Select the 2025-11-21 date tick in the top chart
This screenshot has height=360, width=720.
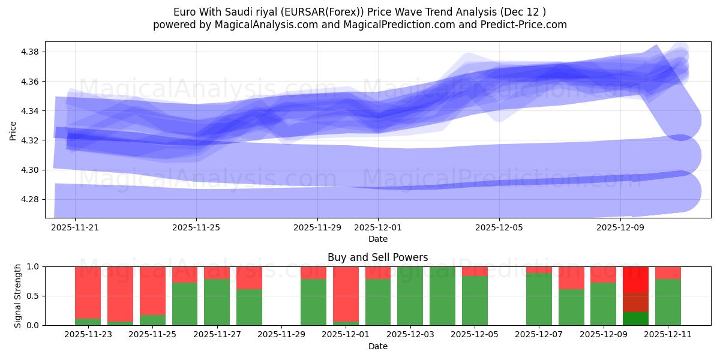[x=75, y=228]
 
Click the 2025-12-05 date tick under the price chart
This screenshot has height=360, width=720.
[x=499, y=228]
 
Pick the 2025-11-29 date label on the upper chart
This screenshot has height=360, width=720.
[x=317, y=228]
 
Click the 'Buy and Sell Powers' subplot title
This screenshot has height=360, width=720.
[x=377, y=257]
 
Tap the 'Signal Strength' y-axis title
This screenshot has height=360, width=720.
[x=18, y=296]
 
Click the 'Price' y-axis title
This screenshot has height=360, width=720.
[x=13, y=130]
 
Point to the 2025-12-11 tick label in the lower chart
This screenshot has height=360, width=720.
[x=668, y=335]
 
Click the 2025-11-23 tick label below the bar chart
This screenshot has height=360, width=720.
[x=88, y=335]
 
